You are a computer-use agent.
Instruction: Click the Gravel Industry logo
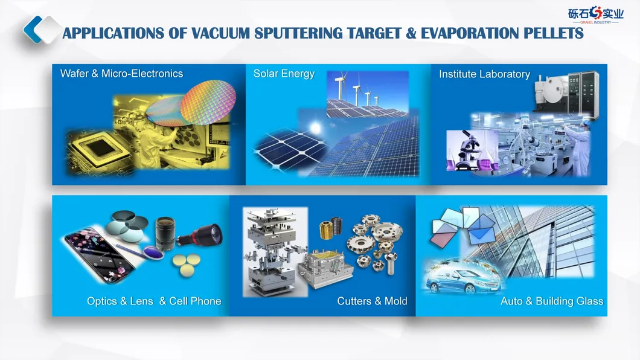[596, 14]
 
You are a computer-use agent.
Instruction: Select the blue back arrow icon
[33, 30]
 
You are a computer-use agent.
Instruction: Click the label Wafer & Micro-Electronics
[121, 74]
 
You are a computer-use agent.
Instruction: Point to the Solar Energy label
[284, 74]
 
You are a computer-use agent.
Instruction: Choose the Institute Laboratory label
[484, 74]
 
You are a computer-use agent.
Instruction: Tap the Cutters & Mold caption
[373, 301]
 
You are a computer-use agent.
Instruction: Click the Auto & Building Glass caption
[552, 301]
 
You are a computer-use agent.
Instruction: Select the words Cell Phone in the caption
[195, 301]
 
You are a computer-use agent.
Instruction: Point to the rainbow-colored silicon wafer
[208, 102]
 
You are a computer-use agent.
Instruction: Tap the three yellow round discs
[187, 264]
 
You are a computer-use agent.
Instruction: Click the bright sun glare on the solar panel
[315, 128]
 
